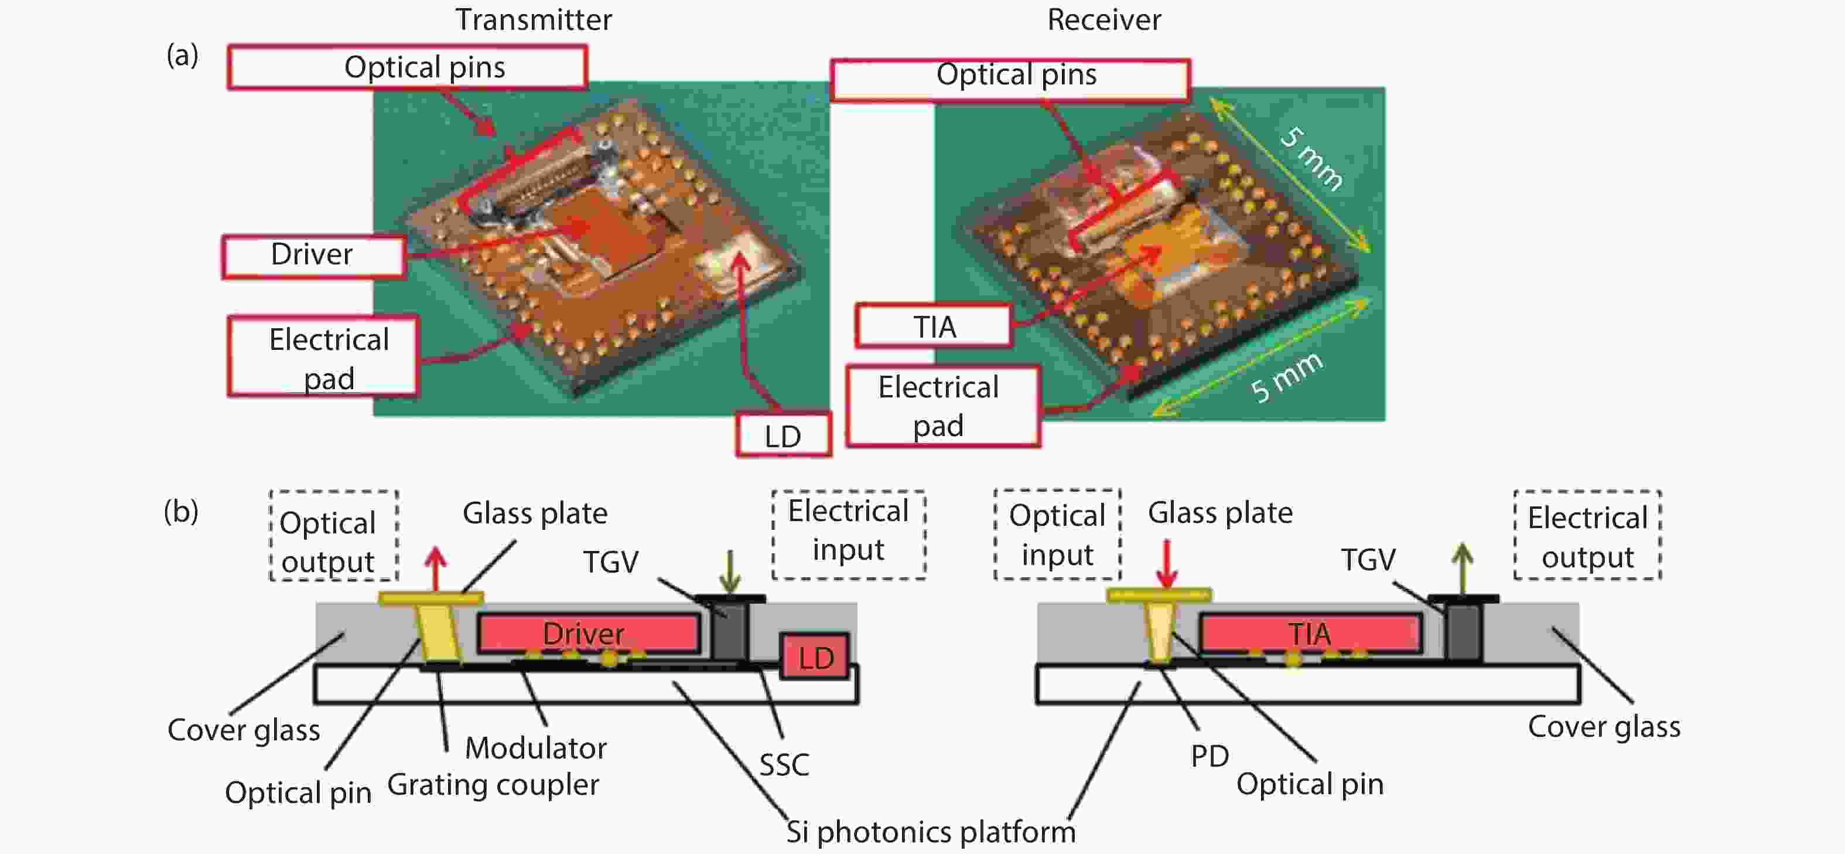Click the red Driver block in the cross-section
tap(587, 634)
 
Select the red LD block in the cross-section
tap(815, 657)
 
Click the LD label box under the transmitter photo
tap(783, 435)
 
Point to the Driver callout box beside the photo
tap(313, 255)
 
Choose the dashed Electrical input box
tap(848, 534)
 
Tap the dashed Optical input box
tap(1057, 535)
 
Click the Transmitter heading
tap(534, 19)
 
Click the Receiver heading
tap(1103, 19)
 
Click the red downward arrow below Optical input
tap(1167, 564)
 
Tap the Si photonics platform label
tap(930, 832)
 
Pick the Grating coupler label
tap(493, 784)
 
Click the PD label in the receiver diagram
tap(1209, 756)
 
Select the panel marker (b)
tap(180, 511)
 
